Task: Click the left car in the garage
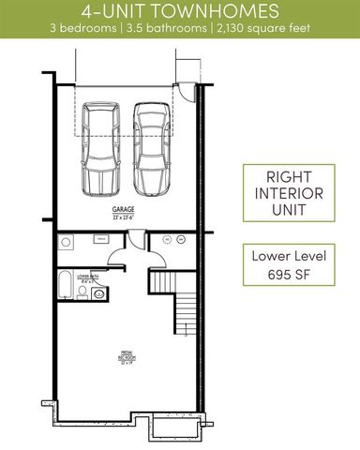pos(101,147)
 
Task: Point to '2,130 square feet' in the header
pos(260,29)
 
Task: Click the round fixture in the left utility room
pos(67,243)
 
